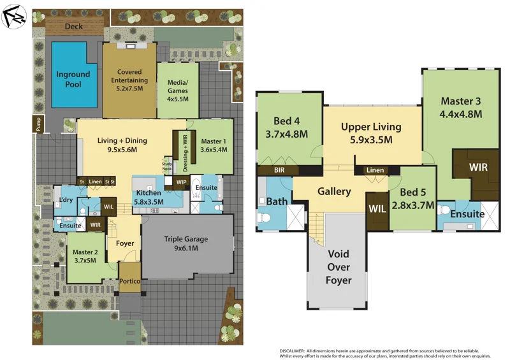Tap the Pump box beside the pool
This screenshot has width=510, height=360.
[x=38, y=126]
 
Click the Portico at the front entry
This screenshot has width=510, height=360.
[x=129, y=281]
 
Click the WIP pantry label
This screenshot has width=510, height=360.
[x=180, y=182]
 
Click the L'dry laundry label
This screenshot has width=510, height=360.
[x=65, y=201]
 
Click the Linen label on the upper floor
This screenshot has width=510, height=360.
[x=375, y=170]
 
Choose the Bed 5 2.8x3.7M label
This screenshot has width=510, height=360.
[x=413, y=198]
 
